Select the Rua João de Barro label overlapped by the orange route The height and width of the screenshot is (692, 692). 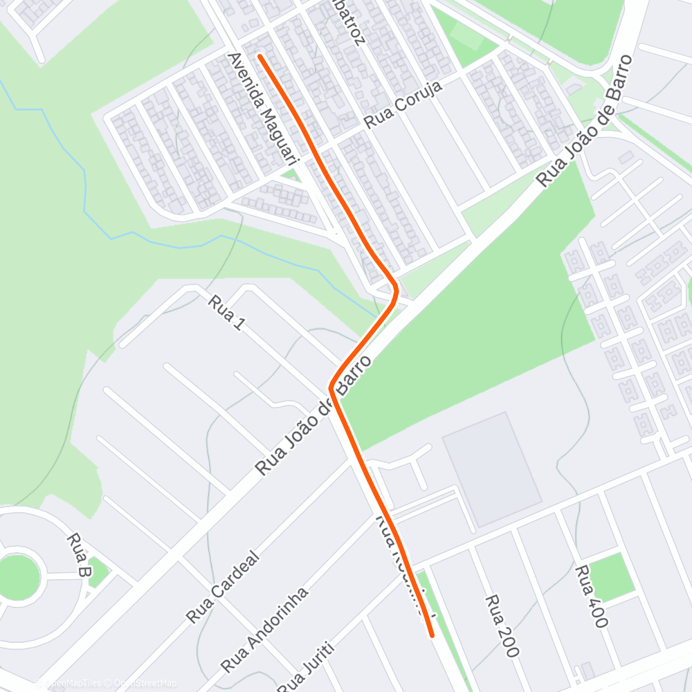tap(316, 415)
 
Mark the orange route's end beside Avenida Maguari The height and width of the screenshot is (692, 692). tap(259, 55)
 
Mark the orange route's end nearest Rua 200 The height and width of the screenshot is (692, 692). tap(432, 635)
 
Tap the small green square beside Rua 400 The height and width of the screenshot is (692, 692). tap(612, 576)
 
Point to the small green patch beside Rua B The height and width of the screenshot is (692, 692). tap(98, 572)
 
